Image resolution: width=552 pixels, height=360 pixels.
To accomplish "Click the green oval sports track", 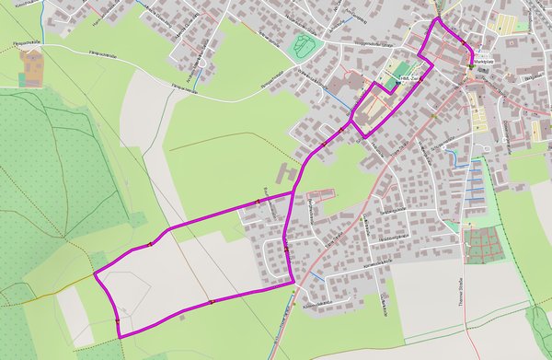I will coord(303,45).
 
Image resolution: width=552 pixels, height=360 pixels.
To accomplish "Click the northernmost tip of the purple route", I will coord(438,18).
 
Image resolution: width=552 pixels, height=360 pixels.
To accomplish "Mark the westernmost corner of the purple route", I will coord(95,274).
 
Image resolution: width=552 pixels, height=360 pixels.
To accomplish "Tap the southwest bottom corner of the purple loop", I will coord(120,337).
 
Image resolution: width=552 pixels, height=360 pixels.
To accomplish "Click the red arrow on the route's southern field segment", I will coord(211,301).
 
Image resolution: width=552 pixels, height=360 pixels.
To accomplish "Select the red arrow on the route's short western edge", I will coord(117,319).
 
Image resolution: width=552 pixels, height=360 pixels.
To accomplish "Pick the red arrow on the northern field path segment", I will coord(152,243).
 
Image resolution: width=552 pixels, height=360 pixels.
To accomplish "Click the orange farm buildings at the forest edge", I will coord(31,66).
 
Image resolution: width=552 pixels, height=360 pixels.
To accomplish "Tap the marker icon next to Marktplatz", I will coord(471,67).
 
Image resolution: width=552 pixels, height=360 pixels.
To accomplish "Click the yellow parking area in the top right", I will coord(507,24).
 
